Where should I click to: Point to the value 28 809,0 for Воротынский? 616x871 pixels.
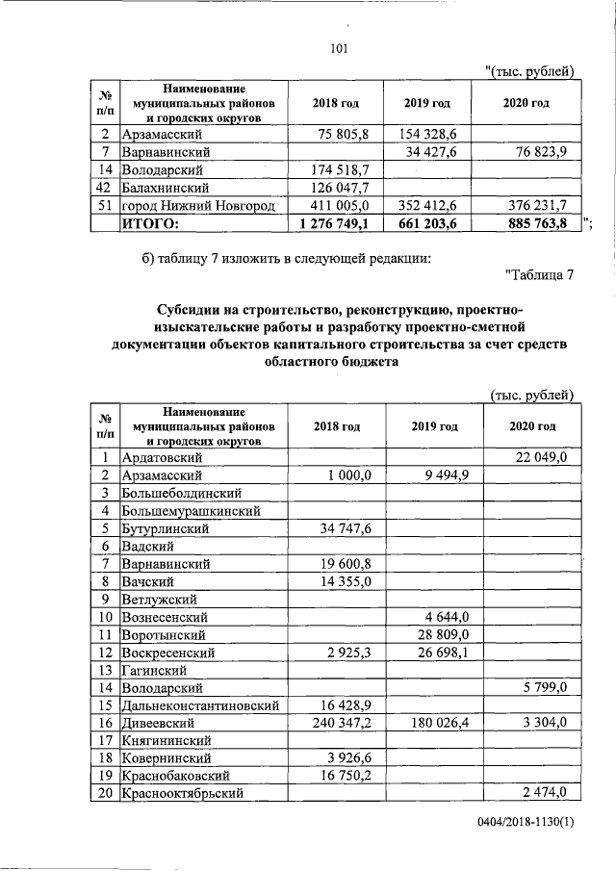tap(439, 634)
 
